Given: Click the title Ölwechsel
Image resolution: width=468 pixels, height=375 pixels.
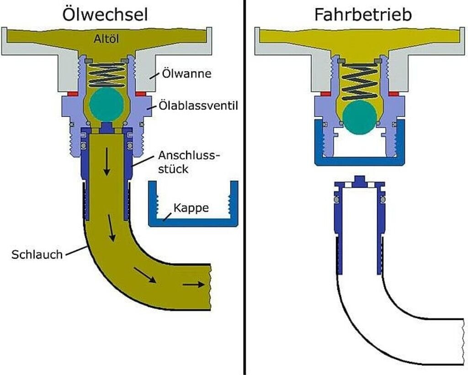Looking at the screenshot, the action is coord(105,14).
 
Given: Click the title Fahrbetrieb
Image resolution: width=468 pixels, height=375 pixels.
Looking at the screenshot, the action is coord(363,14).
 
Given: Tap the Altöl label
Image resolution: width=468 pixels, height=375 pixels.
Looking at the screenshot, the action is coord(106,39).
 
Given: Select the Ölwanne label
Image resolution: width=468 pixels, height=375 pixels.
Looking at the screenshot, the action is coord(186,74).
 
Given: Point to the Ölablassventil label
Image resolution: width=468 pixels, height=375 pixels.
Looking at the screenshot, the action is coord(198,106).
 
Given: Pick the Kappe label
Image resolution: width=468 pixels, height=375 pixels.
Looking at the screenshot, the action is coord(191,208).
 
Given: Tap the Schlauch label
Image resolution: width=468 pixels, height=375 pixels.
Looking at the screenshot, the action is coord(37,254).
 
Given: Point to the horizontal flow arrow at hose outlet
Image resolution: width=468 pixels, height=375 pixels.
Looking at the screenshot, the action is coord(193,285).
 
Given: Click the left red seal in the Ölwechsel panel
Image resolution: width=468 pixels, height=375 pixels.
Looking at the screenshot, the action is coord(73,94).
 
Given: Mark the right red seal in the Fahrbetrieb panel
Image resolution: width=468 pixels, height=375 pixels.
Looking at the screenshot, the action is coord(394,94).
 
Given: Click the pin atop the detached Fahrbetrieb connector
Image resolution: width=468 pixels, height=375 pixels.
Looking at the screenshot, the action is coord(359,181).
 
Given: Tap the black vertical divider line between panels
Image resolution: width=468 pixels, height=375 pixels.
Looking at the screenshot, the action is coord(244,187).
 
